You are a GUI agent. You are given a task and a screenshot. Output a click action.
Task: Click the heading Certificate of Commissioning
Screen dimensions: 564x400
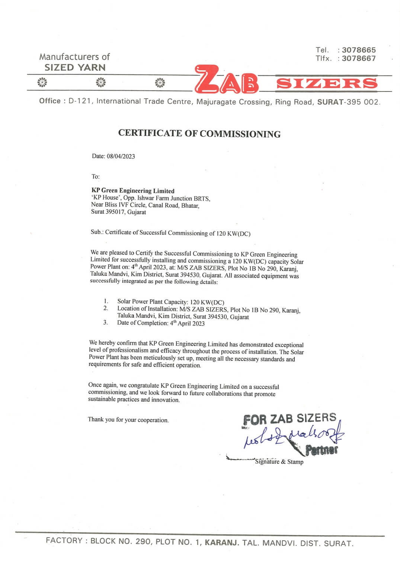tap(199, 134)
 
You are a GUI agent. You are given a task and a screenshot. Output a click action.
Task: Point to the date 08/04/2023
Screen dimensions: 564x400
tap(121, 156)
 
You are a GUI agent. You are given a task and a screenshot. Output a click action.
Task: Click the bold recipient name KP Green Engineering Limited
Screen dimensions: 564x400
tap(133, 191)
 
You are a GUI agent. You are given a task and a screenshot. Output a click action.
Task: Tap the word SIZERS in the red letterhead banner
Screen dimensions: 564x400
tap(327, 83)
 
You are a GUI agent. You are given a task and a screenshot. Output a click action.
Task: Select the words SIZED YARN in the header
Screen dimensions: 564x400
tap(75, 68)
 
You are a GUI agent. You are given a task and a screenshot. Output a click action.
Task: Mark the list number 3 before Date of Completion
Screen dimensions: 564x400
tap(105, 322)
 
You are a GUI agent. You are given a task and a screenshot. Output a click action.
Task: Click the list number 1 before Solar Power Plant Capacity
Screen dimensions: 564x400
tap(106, 301)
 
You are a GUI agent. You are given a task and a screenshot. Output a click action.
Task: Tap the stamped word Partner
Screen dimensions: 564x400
tap(321, 450)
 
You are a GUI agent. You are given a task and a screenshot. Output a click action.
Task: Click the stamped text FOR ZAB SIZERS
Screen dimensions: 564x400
tap(289, 419)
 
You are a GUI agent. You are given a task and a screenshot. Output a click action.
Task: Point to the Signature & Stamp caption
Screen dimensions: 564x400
tap(279, 462)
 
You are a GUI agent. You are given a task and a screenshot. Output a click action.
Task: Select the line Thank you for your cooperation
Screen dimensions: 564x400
tap(128, 420)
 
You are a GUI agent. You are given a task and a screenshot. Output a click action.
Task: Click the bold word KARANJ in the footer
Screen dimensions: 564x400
tap(222, 542)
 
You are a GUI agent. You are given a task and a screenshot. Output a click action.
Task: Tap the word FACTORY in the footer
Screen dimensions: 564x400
tap(64, 541)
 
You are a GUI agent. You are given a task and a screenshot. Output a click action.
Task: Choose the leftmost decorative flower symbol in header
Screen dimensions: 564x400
tap(42, 82)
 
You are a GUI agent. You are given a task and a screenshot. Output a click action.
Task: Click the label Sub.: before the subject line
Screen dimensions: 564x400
tap(97, 232)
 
